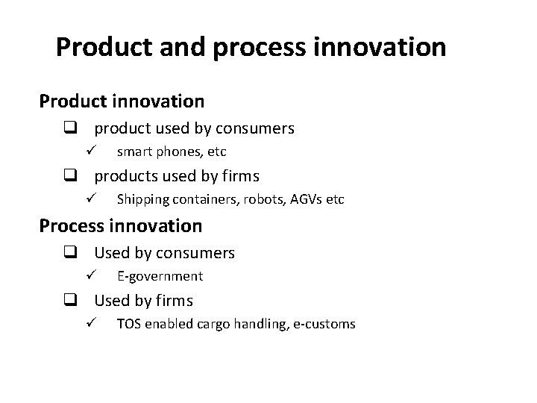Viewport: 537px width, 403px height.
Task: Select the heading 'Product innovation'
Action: coord(122,100)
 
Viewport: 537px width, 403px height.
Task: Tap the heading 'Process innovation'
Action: coord(121,225)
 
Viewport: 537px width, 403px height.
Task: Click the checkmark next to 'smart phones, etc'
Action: coord(88,151)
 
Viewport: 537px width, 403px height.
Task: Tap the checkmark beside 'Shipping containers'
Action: coord(88,199)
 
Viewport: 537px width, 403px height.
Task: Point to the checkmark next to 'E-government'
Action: coord(88,276)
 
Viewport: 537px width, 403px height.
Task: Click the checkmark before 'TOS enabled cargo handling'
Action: coord(88,324)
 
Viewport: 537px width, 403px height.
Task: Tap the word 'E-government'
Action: coord(160,276)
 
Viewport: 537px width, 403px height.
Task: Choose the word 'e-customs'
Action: coord(325,324)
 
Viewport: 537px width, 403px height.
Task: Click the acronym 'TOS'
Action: coord(129,324)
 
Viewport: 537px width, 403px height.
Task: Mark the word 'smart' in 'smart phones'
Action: coord(134,151)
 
